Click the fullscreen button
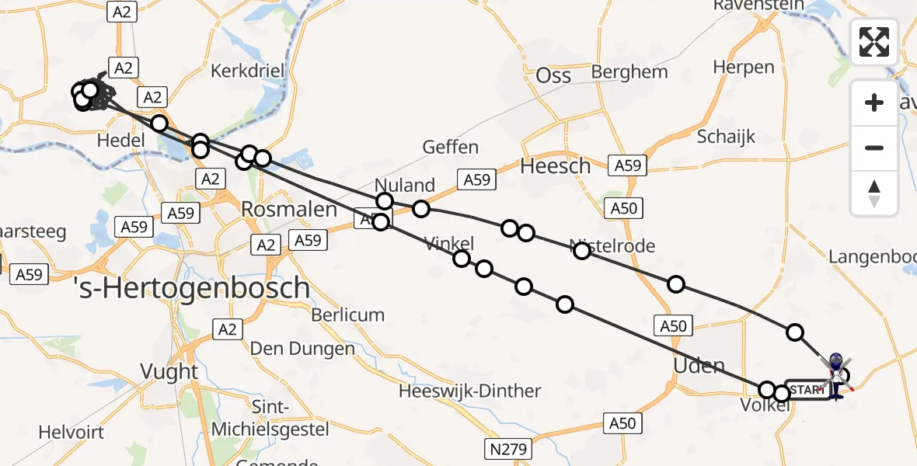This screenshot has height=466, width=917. tap(874, 41)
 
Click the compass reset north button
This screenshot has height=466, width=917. tap(874, 193)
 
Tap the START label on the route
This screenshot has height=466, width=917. tap(807, 390)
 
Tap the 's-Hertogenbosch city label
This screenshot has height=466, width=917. tap(192, 289)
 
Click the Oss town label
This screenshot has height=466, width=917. tap(553, 75)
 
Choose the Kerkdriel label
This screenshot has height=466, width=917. tap(248, 70)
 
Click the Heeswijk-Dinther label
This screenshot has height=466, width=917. tap(469, 391)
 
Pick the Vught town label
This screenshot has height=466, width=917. tap(170, 371)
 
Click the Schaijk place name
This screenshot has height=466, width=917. tap(726, 137)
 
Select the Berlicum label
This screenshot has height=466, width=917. tap(348, 315)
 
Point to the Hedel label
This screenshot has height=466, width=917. tap(123, 140)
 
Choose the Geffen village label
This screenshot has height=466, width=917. tap(450, 147)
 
